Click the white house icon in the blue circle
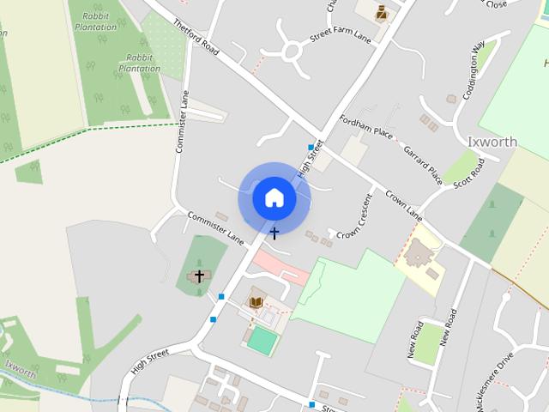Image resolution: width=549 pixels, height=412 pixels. (274, 197)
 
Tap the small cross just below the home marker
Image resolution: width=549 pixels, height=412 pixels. (274, 233)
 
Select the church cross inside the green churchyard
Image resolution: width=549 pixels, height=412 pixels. (200, 276)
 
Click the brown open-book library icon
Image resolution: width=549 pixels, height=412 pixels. (256, 302)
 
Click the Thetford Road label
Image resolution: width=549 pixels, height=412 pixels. (197, 39)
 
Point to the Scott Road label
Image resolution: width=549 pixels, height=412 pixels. (468, 172)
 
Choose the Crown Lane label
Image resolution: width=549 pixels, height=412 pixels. (403, 203)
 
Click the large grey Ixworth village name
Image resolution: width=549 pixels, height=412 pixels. (492, 142)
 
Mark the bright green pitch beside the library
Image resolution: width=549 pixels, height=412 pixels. (262, 341)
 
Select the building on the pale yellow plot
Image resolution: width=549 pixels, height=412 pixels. (419, 253)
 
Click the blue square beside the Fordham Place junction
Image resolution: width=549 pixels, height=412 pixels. (311, 148)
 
